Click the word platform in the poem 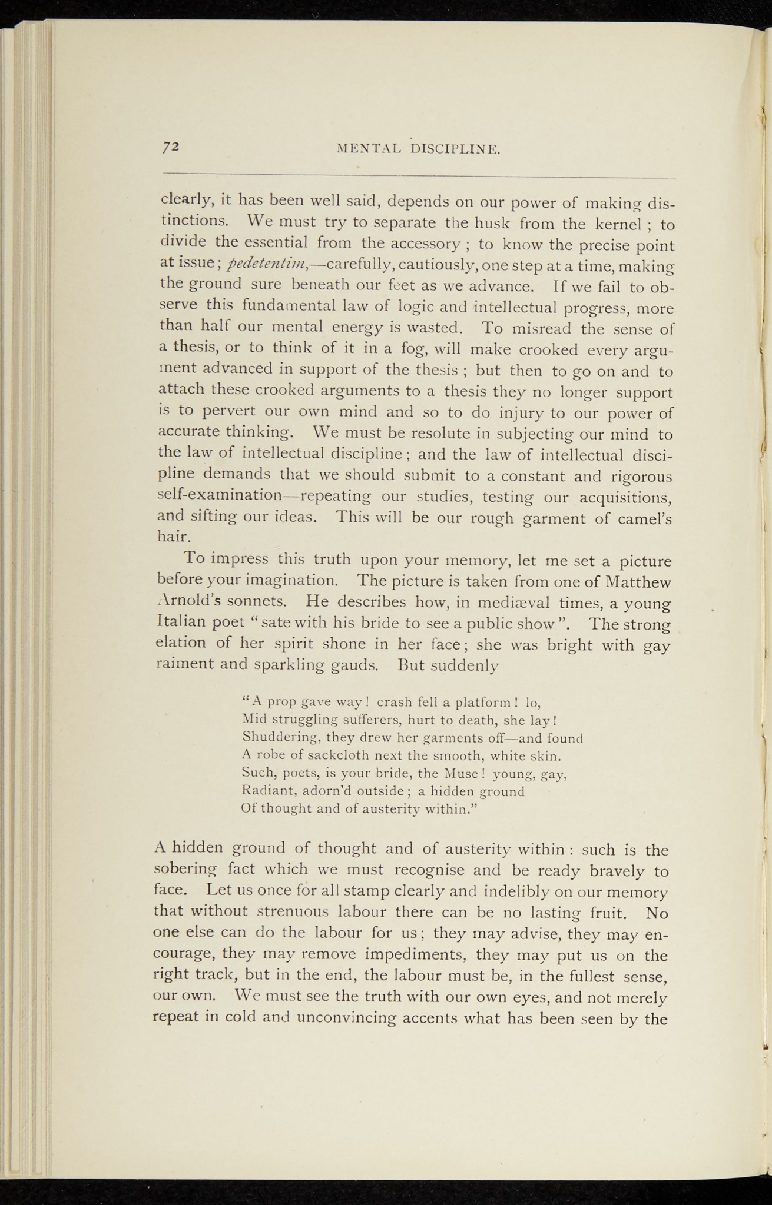485,701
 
